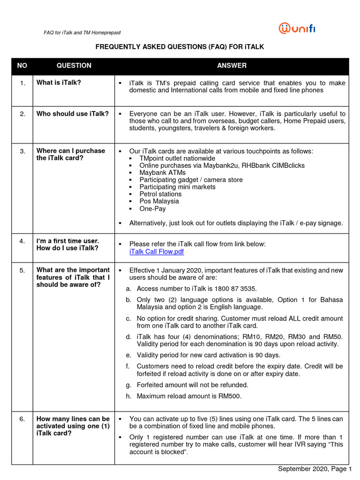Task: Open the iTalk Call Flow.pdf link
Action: (x=157, y=252)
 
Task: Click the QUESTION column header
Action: (x=74, y=66)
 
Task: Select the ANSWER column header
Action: (x=232, y=66)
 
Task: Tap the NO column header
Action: (x=22, y=66)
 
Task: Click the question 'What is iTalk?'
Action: (x=59, y=83)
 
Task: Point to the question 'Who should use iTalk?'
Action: (x=73, y=114)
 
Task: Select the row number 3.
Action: (x=22, y=151)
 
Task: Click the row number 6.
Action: (x=22, y=419)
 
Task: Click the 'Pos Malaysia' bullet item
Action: (x=159, y=202)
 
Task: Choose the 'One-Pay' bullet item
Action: (x=152, y=209)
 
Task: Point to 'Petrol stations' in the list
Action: (x=160, y=194)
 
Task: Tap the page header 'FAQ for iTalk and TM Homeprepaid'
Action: (x=82, y=33)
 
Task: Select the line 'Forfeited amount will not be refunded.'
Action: (x=192, y=385)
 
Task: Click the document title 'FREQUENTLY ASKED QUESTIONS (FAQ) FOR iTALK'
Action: (x=180, y=47)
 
